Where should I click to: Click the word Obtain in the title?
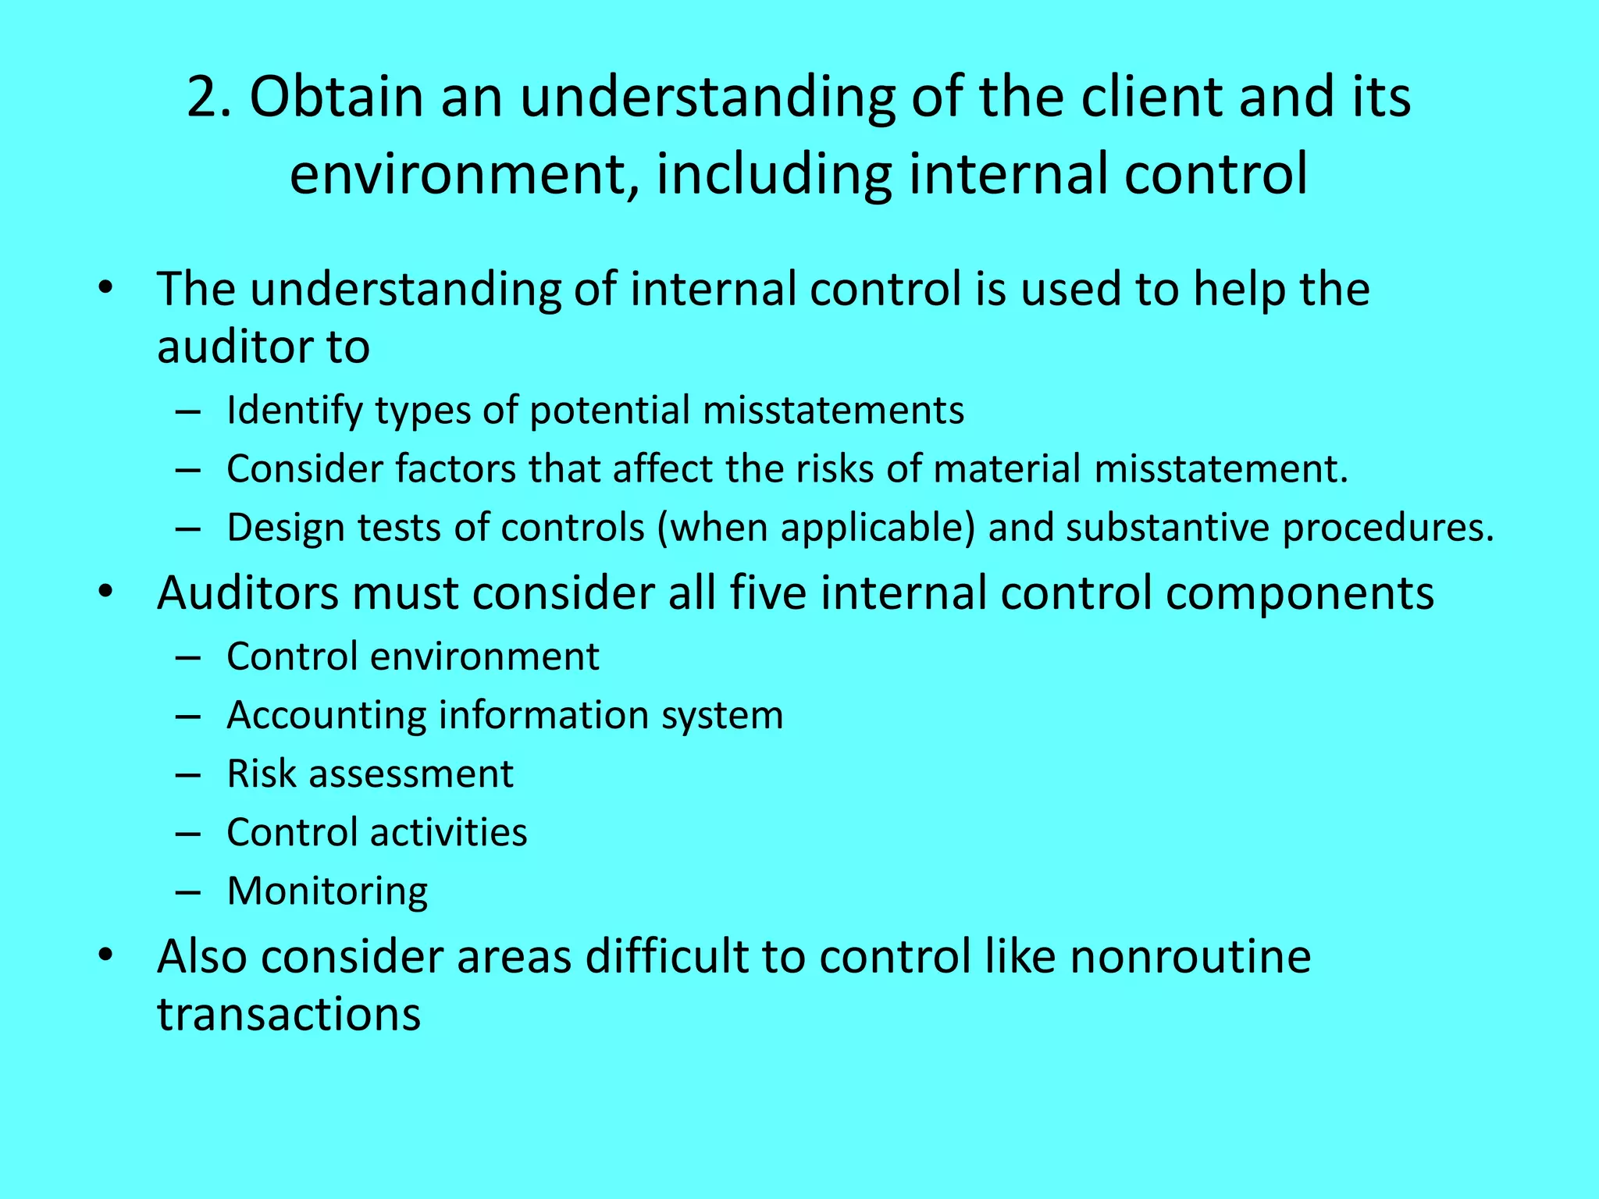[x=336, y=98]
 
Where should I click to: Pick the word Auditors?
[x=248, y=592]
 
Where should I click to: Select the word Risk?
[x=261, y=774]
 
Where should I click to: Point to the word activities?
[x=448, y=832]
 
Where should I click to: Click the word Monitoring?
[x=327, y=891]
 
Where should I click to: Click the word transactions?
[x=289, y=1014]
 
